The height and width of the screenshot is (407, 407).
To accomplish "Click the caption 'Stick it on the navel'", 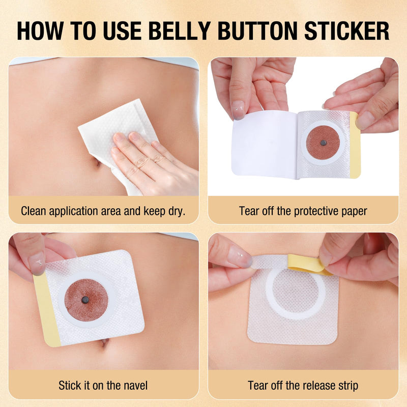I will pyautogui.click(x=103, y=385).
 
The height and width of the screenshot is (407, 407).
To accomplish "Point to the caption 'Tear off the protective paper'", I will pyautogui.click(x=303, y=211).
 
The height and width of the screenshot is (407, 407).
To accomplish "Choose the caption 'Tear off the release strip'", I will pyautogui.click(x=303, y=385).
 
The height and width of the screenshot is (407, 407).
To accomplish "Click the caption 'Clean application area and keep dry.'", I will pyautogui.click(x=103, y=211).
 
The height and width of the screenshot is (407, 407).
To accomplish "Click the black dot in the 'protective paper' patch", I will pyautogui.click(x=322, y=143).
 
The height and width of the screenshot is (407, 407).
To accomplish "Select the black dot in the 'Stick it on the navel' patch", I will pyautogui.click(x=85, y=299).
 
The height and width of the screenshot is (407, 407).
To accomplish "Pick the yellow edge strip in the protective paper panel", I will pyautogui.click(x=355, y=145).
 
